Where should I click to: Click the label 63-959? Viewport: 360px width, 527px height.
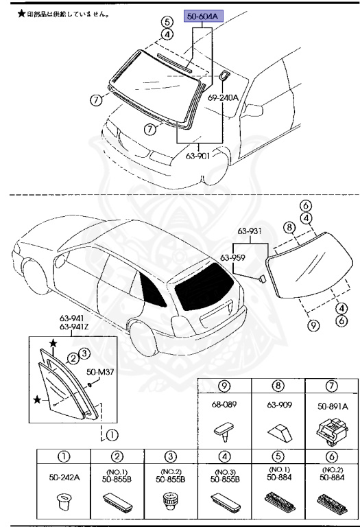[233, 259]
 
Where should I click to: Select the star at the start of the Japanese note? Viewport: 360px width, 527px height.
[21, 13]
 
